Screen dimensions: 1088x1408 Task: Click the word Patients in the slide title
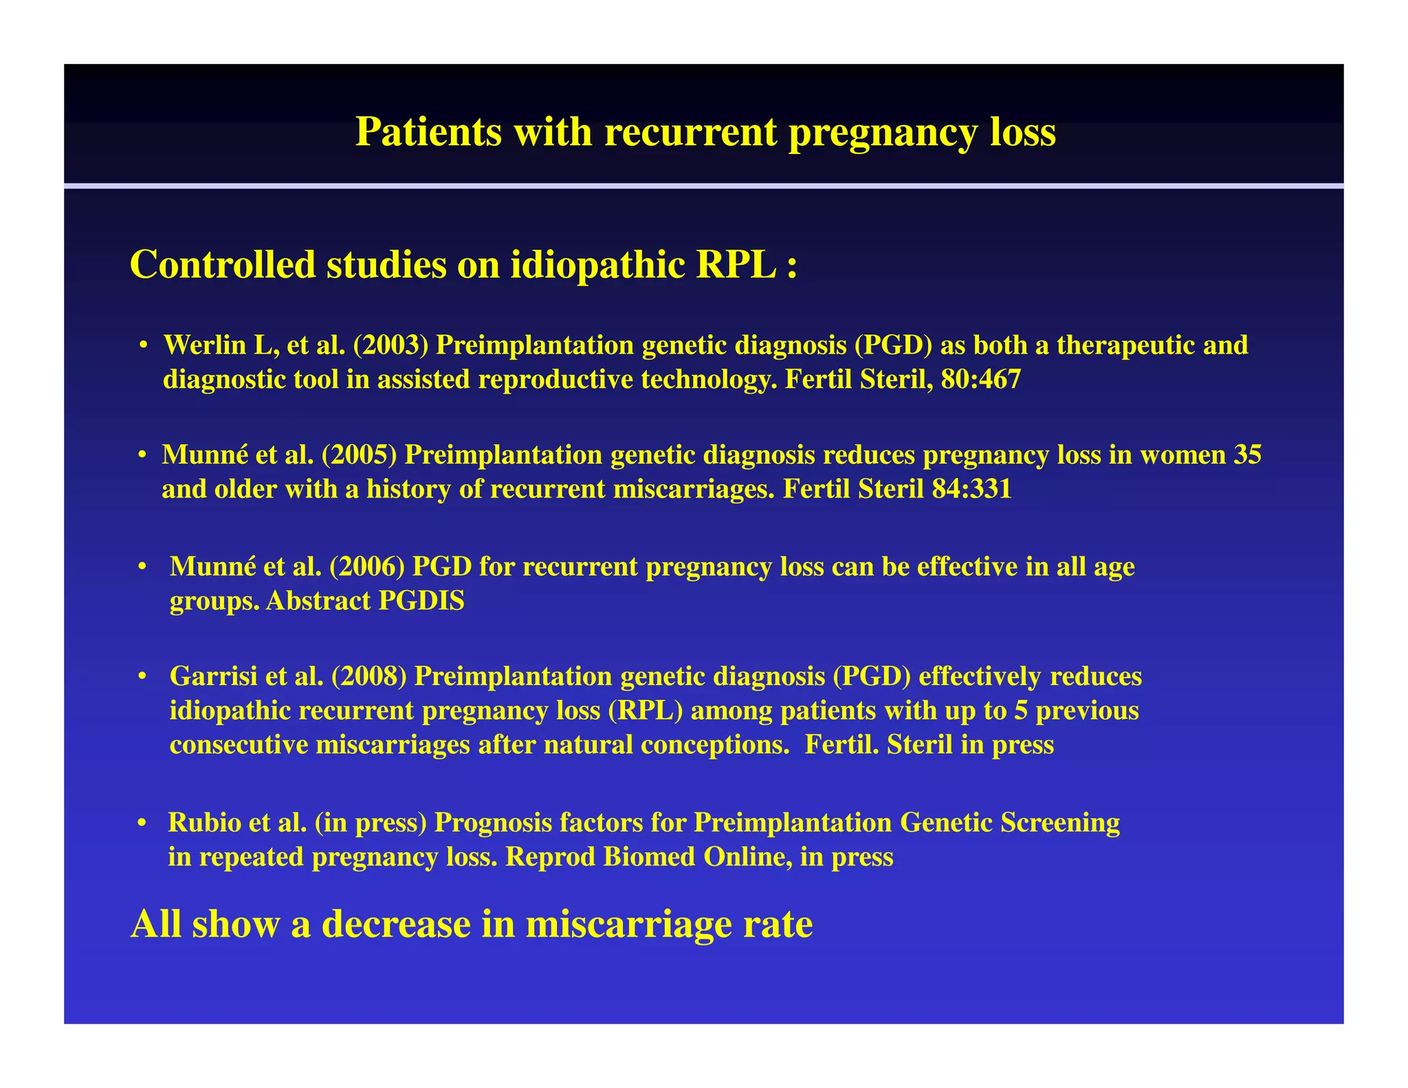pyautogui.click(x=428, y=132)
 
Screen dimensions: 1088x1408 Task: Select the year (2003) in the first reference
pyautogui.click(x=390, y=345)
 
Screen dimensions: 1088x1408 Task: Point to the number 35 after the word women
pyautogui.click(x=1247, y=455)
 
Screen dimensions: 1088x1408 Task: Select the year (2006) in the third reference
pyautogui.click(x=367, y=567)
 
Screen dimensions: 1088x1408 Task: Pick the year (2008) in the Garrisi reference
pyautogui.click(x=368, y=677)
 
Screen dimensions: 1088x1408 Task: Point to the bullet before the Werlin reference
pyautogui.click(x=143, y=346)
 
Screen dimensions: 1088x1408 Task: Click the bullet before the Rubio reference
pyautogui.click(x=142, y=823)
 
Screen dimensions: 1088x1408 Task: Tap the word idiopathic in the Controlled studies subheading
pyautogui.click(x=597, y=265)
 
